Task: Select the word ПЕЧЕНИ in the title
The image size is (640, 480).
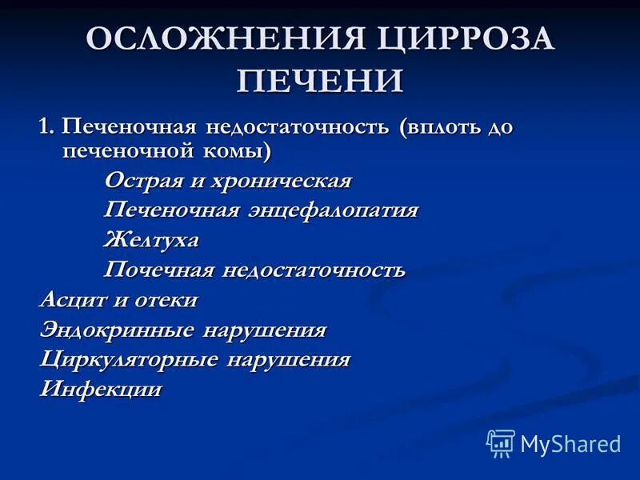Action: point(320,82)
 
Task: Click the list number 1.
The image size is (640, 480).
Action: point(46,127)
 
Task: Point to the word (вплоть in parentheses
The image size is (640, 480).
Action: point(442,127)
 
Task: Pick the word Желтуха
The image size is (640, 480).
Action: point(151,239)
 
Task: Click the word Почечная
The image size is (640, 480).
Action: point(159,270)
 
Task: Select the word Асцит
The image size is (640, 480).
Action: point(70,300)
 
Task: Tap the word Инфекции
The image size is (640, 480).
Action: point(101,390)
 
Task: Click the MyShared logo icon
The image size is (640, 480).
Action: point(501,443)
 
